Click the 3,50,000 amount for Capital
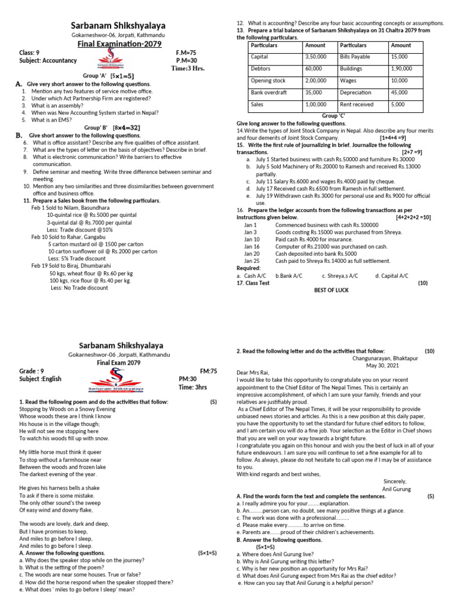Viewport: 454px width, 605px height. pyautogui.click(x=315, y=57)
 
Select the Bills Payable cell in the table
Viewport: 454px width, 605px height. pyautogui.click(x=355, y=57)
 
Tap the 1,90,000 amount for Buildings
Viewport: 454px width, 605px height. pyautogui.click(x=402, y=69)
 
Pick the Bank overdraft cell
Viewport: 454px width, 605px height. pyautogui.click(x=269, y=93)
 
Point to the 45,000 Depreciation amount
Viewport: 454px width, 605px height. pyautogui.click(x=400, y=93)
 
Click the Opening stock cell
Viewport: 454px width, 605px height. pyautogui.click(x=268, y=81)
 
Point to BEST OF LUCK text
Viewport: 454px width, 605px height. pyautogui.click(x=332, y=290)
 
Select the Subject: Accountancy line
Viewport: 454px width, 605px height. pyautogui.click(x=48, y=60)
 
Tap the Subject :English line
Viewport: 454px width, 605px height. pyautogui.click(x=40, y=379)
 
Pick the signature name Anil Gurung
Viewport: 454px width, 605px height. pyautogui.click(x=396, y=489)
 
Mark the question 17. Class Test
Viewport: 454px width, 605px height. pyautogui.click(x=253, y=283)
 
